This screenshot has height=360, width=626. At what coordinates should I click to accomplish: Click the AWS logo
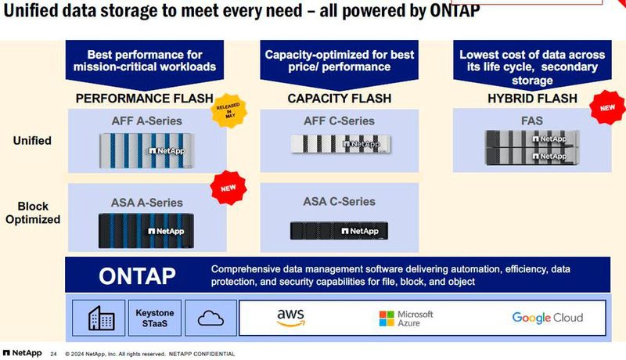point(290,317)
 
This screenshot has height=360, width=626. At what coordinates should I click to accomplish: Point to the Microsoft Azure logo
point(406,318)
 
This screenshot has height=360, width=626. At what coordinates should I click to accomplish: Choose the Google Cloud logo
point(547,317)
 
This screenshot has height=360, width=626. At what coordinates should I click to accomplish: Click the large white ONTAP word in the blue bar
point(138,275)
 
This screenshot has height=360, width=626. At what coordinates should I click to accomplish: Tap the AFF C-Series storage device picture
point(339,144)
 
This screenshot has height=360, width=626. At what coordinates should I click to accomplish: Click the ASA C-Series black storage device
point(339,230)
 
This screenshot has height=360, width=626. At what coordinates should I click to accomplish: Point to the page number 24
point(53,352)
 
